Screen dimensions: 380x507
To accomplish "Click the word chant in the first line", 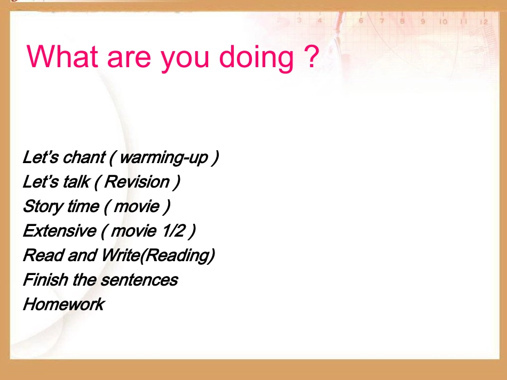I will coord(83,157).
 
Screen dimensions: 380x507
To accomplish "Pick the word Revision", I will coord(137,182).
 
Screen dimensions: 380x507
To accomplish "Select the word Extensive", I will coord(59,231).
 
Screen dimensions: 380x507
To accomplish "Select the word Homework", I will coord(64,304).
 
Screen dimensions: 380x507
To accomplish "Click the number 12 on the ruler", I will coord(484,22).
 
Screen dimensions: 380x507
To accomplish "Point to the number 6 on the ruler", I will coord(361,21).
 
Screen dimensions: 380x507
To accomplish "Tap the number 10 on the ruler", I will coord(443,22).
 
